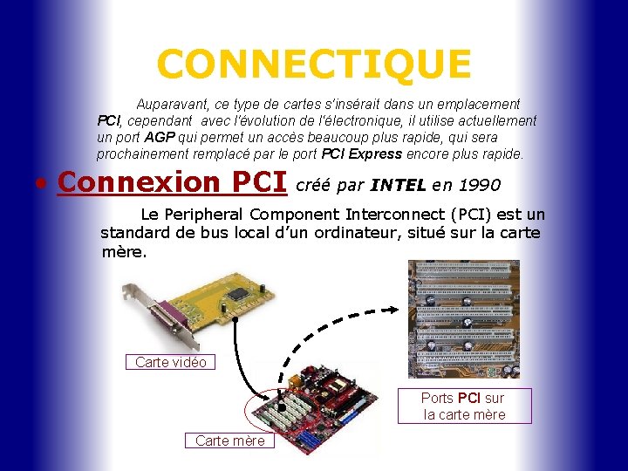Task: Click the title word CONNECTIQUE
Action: coord(314,64)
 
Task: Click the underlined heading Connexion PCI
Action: coord(172,182)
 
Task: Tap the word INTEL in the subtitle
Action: coord(399,185)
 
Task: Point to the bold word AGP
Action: coord(160,138)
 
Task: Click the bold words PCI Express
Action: coord(362,154)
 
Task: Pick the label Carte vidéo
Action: coord(171,362)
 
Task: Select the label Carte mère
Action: coord(229,440)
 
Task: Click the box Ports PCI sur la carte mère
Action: coord(464,406)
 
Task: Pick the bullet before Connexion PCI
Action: coord(42,185)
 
